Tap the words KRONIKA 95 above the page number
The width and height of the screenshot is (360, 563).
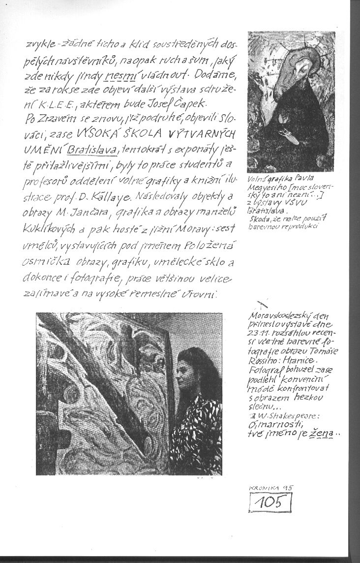271,487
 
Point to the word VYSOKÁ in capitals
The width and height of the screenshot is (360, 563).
95,134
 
